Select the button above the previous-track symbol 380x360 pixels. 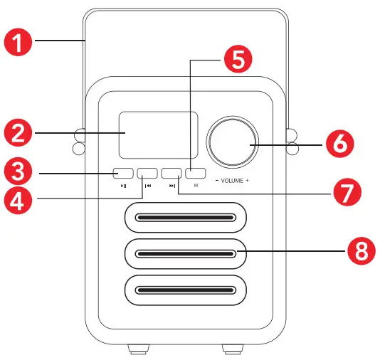147,173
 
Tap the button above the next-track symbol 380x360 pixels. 171,173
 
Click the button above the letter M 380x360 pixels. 196,173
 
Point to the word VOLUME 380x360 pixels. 233,181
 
